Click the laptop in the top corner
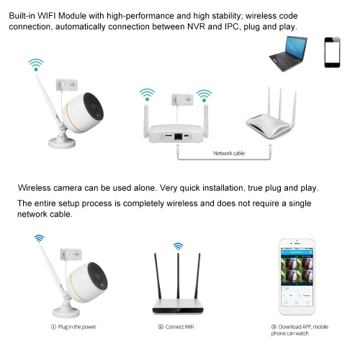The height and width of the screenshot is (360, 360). (x=288, y=54)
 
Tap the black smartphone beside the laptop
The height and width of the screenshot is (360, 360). (x=333, y=52)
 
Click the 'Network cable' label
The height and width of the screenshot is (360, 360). (x=229, y=153)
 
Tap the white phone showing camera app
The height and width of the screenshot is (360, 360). (x=297, y=276)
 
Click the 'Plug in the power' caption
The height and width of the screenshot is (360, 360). (x=73, y=327)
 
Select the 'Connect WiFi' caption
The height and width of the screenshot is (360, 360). (x=176, y=327)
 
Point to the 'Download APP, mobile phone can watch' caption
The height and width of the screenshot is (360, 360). (x=300, y=330)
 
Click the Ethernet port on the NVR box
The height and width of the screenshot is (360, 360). (x=178, y=136)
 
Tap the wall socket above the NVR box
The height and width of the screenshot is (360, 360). (x=182, y=99)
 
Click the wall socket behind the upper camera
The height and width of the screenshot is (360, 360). (x=67, y=85)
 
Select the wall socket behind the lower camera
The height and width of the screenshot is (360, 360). (x=71, y=254)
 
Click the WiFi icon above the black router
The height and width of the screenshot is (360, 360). (x=178, y=246)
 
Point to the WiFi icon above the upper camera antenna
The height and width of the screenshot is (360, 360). (x=36, y=65)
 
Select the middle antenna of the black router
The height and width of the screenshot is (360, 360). (x=178, y=276)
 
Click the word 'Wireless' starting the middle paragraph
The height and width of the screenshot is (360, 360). (x=34, y=188)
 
